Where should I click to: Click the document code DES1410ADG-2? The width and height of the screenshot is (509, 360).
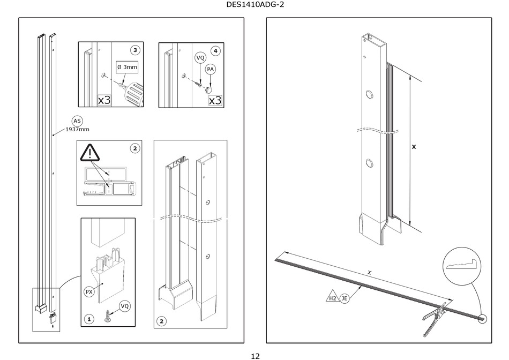pyautogui.click(x=254, y=6)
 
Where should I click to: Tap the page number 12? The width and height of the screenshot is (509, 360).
pyautogui.click(x=254, y=355)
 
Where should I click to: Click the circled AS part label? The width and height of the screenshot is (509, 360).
pyautogui.click(x=77, y=121)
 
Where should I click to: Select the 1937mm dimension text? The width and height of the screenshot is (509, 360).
pyautogui.click(x=77, y=130)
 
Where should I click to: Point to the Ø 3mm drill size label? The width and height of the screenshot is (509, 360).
pyautogui.click(x=128, y=67)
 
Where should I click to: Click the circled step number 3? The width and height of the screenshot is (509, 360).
pyautogui.click(x=135, y=50)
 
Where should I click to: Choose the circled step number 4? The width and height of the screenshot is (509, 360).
pyautogui.click(x=215, y=50)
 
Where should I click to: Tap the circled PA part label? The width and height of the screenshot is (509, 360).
pyautogui.click(x=211, y=69)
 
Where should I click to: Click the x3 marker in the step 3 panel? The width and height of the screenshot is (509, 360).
pyautogui.click(x=104, y=100)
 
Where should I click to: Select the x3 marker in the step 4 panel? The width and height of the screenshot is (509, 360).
pyautogui.click(x=215, y=100)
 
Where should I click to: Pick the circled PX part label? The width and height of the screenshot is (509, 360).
pyautogui.click(x=89, y=292)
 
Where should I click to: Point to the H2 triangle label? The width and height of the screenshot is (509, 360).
pyautogui.click(x=333, y=298)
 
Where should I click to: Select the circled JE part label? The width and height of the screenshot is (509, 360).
pyautogui.click(x=345, y=298)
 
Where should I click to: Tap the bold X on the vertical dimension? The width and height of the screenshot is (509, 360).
pyautogui.click(x=414, y=146)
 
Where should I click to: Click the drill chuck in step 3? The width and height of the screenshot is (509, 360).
pyautogui.click(x=132, y=94)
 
